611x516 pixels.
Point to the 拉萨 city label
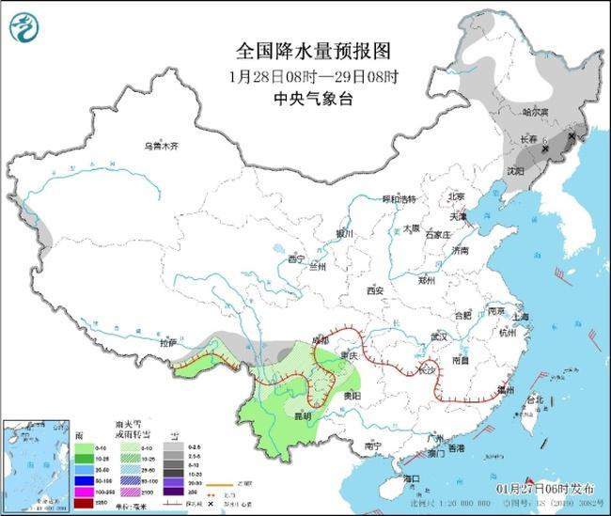pos(168,345)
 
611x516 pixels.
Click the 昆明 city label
pos(299,414)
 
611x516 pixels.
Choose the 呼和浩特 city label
pos(398,199)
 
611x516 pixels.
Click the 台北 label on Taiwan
pos(534,399)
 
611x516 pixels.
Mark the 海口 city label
pos(411,478)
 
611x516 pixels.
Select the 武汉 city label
pos(436,336)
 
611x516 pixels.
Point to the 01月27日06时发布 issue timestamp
pos(545,489)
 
